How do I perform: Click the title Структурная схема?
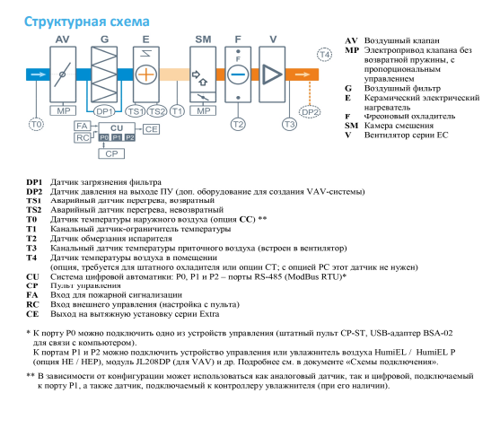(x=87, y=22)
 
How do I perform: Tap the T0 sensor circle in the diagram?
(x=36, y=125)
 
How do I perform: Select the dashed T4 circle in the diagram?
(x=325, y=55)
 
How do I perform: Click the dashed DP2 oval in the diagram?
(x=310, y=112)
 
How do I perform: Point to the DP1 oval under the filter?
(x=104, y=111)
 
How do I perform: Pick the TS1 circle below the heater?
(x=136, y=111)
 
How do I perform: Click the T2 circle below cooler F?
(x=238, y=125)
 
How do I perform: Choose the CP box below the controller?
(x=111, y=153)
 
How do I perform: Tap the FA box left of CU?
(x=82, y=126)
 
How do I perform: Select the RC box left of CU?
(x=83, y=138)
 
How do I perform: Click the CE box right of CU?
(x=151, y=129)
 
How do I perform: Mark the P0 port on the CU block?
(x=104, y=137)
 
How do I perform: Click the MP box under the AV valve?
(x=63, y=110)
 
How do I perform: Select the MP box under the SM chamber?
(x=203, y=110)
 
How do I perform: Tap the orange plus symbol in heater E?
(x=146, y=74)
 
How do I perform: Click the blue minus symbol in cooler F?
(x=238, y=74)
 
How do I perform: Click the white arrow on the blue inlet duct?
(x=39, y=74)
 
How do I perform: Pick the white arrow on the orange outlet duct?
(x=303, y=74)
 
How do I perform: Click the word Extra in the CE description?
(x=209, y=314)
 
